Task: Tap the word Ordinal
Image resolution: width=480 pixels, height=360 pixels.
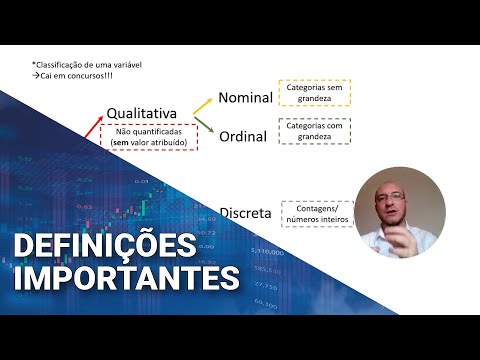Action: point(243,137)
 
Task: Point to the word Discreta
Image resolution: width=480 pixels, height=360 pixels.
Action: point(244,212)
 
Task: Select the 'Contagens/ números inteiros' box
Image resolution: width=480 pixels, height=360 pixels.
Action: point(317,213)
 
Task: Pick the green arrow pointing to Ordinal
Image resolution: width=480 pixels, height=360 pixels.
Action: point(207,124)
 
